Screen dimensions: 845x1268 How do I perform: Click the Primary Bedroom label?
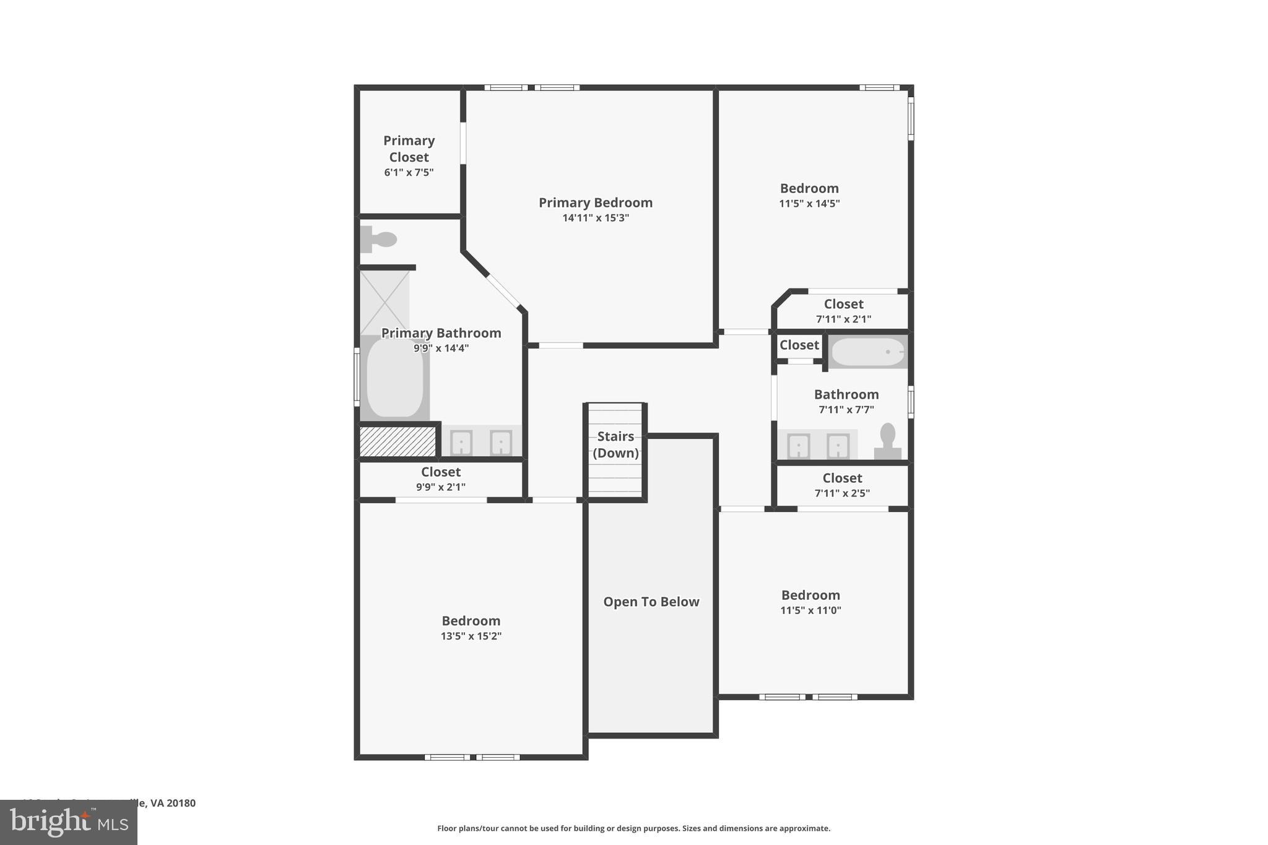[x=595, y=202]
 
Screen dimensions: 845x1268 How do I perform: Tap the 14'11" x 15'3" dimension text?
[x=595, y=218]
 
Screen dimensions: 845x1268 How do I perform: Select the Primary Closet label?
[x=409, y=149]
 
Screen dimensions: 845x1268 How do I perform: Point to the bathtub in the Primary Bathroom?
[x=394, y=378]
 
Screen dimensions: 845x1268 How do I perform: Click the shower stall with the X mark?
[x=384, y=302]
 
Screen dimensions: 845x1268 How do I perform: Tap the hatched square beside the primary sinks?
[x=397, y=441]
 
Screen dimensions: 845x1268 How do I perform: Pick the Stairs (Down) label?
[x=615, y=444]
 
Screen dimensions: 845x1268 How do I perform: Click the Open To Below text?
[x=651, y=602]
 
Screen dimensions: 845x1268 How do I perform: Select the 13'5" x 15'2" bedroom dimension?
[x=471, y=636]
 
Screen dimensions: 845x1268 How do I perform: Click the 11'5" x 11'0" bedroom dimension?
[x=810, y=610]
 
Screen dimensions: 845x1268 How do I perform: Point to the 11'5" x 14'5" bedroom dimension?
[x=809, y=204]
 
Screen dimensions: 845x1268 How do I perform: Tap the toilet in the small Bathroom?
[x=887, y=441]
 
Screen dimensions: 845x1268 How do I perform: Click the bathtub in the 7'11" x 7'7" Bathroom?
[x=867, y=352]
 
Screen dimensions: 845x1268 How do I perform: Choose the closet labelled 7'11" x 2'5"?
[x=842, y=485]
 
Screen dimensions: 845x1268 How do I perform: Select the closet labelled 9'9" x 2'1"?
[x=441, y=479]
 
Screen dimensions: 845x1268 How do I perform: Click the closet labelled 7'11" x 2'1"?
[x=843, y=311]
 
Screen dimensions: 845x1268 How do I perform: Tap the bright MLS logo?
[x=69, y=822]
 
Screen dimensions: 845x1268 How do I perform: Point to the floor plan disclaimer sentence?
[x=633, y=828]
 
